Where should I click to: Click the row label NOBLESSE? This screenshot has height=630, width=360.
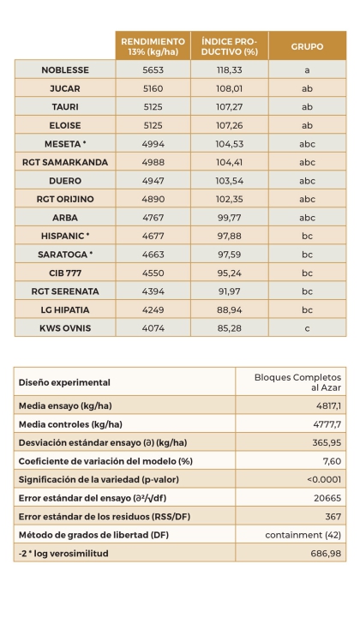[65, 69]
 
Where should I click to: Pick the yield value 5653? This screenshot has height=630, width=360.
[153, 69]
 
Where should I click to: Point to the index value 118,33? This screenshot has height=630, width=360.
[229, 69]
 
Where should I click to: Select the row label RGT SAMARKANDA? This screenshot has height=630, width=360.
[65, 162]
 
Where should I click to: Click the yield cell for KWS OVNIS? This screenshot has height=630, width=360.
[153, 327]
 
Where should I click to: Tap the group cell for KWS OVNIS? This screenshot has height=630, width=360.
[307, 327]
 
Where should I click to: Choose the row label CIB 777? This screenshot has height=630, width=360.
[65, 273]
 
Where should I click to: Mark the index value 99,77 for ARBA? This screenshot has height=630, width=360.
[229, 217]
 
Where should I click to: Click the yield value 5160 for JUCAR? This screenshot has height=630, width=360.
[153, 88]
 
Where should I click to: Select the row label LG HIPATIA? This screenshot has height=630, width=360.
[65, 309]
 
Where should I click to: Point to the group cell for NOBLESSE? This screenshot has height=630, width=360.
[307, 69]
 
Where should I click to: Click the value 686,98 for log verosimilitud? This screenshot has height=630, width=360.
[325, 554]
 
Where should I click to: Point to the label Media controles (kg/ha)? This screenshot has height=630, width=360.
[70, 425]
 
